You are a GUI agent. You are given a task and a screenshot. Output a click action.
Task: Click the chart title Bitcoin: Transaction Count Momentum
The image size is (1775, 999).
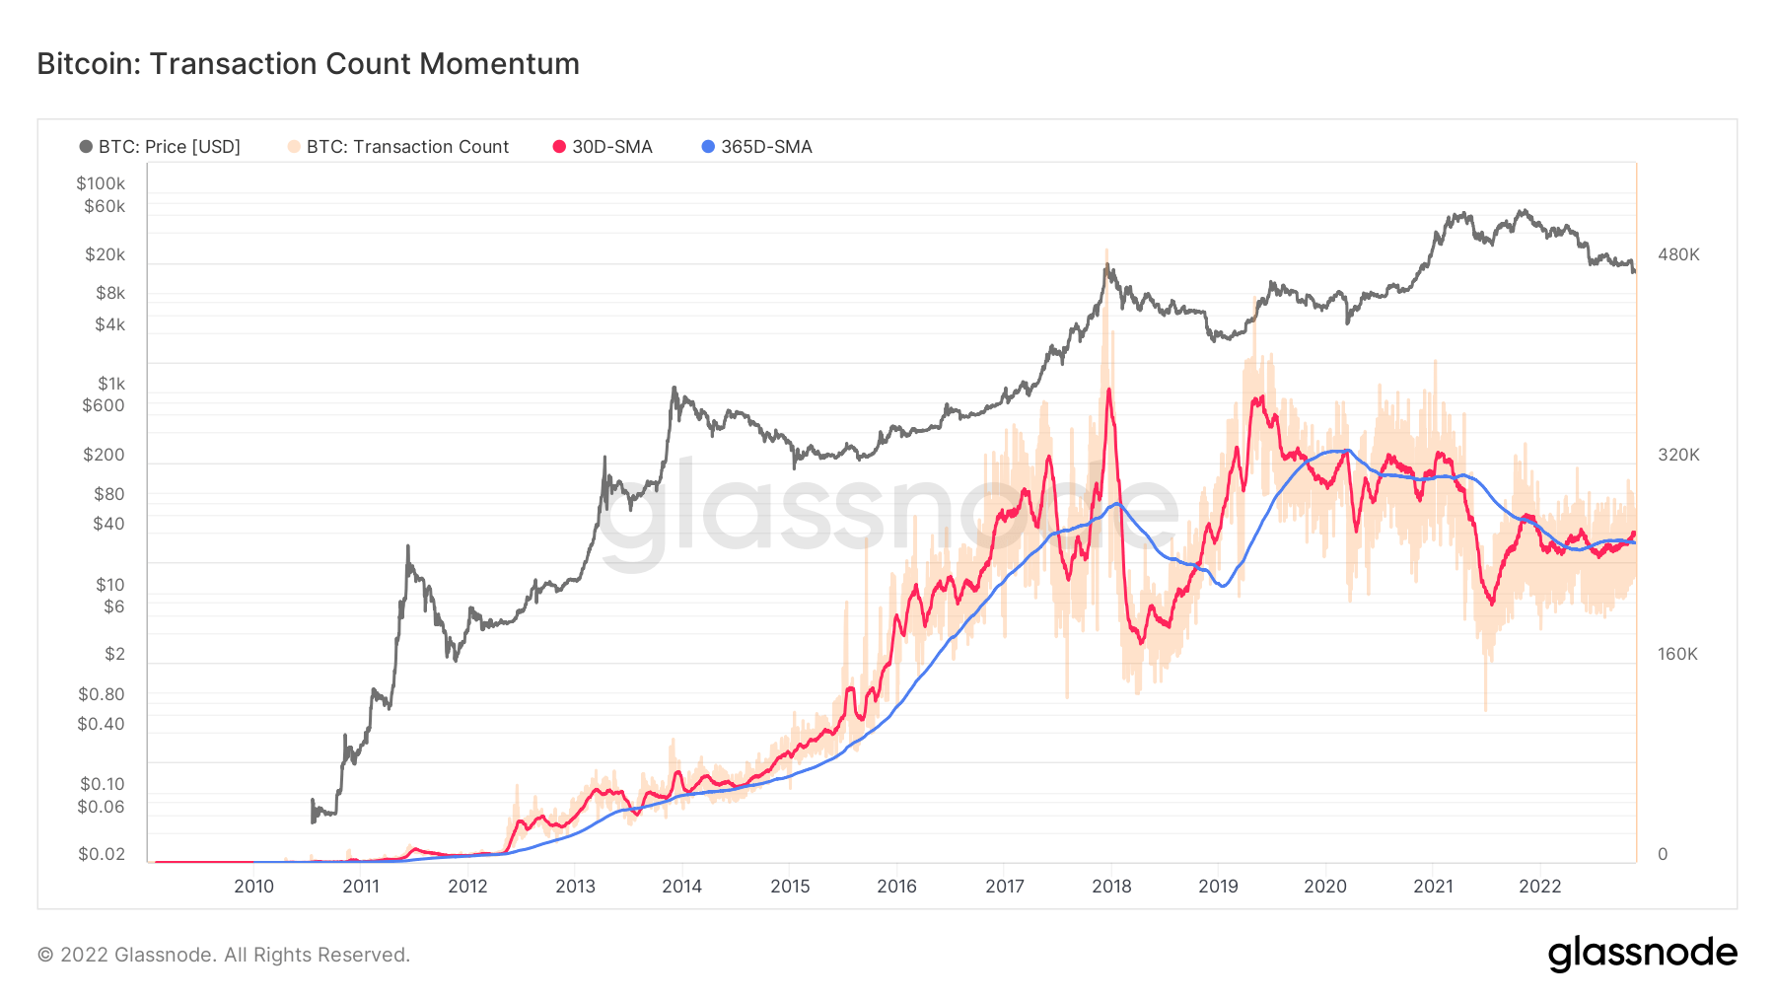308,64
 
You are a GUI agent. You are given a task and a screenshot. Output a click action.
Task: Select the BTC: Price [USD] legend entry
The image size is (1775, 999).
160,147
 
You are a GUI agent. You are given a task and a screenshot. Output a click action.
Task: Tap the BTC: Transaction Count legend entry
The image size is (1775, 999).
398,147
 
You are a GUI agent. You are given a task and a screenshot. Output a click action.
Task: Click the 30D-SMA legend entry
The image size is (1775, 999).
603,147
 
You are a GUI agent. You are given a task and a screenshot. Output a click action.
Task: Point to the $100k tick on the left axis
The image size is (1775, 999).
101,183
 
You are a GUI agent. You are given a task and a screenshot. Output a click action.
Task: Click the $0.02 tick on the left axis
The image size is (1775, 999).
102,854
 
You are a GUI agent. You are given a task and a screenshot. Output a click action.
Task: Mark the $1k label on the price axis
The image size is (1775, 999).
110,384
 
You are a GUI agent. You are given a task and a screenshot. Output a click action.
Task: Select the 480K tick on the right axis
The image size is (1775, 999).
1678,254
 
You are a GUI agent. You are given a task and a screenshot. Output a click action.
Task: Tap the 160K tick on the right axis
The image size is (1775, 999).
1677,654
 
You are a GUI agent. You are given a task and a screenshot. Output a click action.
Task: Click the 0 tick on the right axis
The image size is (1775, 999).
1663,854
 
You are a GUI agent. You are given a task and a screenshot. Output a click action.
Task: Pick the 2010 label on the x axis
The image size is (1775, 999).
253,886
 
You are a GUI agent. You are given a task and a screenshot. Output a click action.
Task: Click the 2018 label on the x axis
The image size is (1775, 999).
1111,886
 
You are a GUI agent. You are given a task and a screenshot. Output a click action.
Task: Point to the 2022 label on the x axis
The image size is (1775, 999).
1539,886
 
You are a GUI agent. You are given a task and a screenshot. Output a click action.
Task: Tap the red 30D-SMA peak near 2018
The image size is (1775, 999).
1109,391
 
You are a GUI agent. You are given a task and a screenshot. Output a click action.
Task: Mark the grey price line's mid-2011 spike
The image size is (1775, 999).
408,547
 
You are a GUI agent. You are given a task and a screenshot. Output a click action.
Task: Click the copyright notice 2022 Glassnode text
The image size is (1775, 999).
224,955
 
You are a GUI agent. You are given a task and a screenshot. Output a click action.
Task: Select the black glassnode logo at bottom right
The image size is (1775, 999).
1642,954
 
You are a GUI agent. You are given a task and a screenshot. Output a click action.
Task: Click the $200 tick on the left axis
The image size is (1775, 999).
104,455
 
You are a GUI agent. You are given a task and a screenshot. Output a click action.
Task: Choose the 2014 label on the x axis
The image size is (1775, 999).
681,886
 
